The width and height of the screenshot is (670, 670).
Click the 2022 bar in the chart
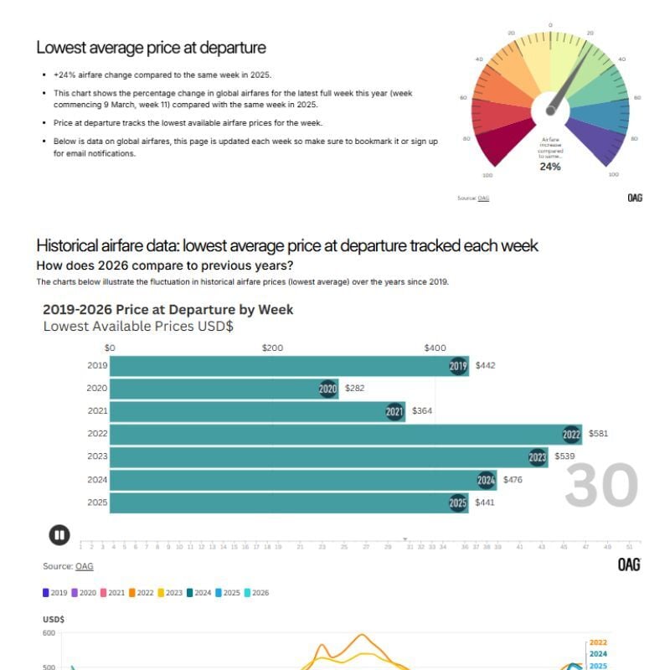click(335, 435)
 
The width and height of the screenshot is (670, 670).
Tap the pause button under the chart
click(59, 534)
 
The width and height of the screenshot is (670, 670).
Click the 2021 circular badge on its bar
click(394, 411)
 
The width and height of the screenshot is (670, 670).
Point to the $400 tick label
click(435, 348)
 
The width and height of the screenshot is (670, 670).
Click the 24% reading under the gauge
click(549, 167)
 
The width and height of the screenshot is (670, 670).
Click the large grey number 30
click(600, 486)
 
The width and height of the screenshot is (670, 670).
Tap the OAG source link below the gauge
click(483, 198)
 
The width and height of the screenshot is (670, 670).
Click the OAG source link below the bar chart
click(85, 566)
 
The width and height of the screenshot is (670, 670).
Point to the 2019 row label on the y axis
click(97, 366)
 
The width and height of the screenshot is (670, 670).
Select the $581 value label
click(599, 434)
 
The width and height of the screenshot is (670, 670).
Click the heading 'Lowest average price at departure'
click(151, 48)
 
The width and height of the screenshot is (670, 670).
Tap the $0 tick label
click(109, 348)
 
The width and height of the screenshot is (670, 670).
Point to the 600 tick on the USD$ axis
click(49, 634)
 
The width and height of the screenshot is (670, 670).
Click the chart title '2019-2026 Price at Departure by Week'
click(167, 310)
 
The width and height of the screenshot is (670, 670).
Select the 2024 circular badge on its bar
click(487, 481)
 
